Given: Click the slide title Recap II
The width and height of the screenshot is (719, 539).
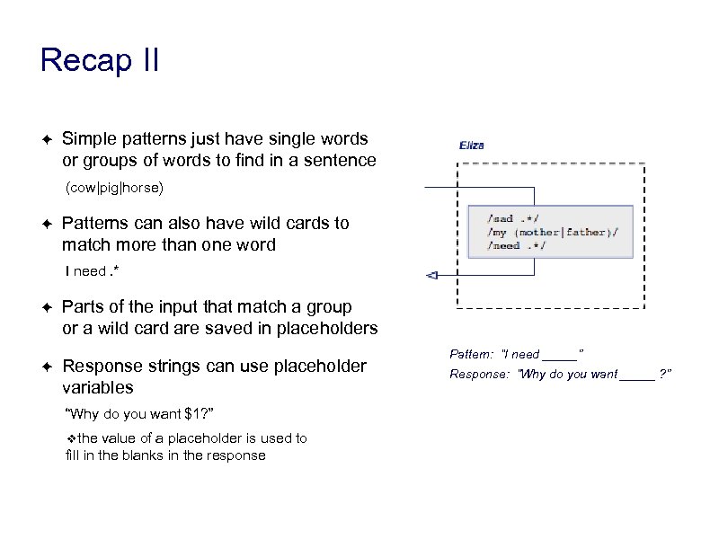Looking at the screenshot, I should point(100,60).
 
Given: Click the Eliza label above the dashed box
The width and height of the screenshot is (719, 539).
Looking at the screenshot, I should point(472,145).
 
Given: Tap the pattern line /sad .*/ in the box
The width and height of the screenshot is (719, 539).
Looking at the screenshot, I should point(513,218).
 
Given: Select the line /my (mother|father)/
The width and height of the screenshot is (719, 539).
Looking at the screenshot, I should point(552,232).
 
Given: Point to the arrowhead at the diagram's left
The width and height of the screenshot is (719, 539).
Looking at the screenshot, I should point(431,274).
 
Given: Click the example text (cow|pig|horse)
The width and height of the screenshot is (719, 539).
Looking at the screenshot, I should point(114,189).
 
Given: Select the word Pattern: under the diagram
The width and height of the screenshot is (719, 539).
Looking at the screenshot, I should point(471,354).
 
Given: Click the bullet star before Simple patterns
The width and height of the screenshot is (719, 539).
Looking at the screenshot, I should point(45,139).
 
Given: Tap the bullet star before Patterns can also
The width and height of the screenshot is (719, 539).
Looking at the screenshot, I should point(45,223).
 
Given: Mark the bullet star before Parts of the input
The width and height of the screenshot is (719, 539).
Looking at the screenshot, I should point(45,307).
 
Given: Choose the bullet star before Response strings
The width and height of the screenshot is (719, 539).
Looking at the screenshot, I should point(45,367).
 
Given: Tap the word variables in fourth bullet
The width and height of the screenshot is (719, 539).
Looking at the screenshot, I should point(97,387).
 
